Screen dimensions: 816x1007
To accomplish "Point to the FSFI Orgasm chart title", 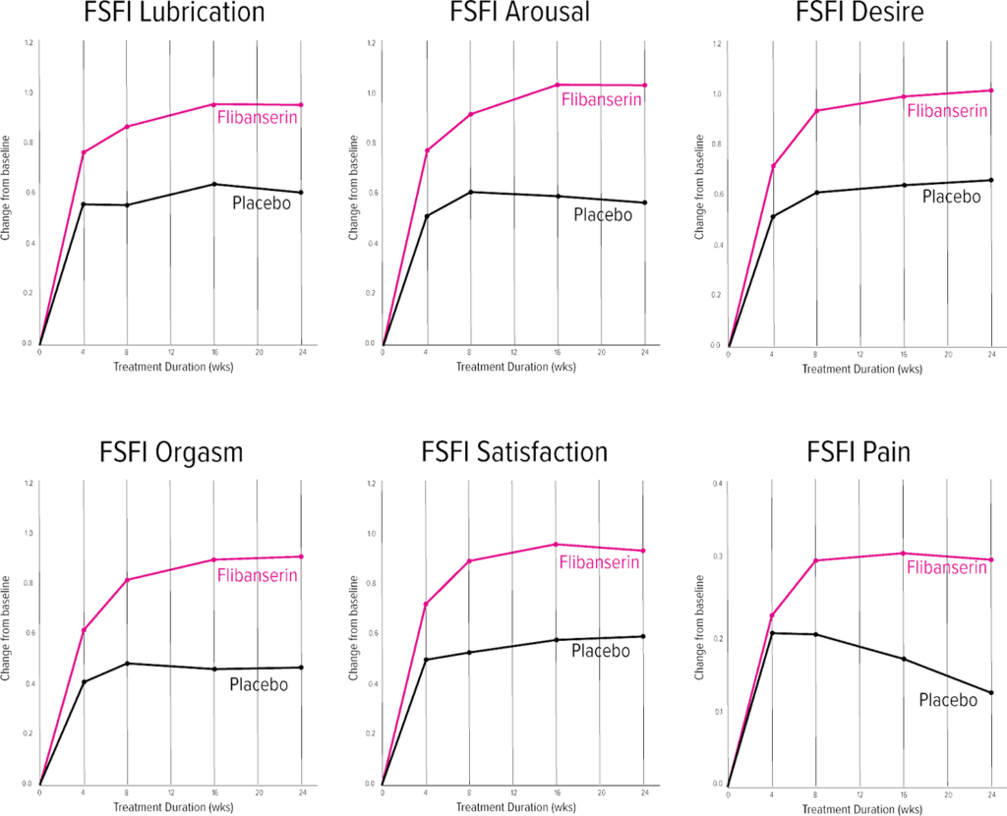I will pos(170,454).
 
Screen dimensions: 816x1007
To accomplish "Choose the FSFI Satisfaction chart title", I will pos(513,454).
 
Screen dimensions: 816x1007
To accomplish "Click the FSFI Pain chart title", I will pos(857,454).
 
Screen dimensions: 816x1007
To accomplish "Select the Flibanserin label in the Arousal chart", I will pos(602,99).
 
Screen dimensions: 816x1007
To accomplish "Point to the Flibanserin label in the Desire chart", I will pos(947,111).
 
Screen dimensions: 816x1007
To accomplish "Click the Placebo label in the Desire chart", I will pos(951,197).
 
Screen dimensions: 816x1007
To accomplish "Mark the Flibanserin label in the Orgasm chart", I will pos(257,575).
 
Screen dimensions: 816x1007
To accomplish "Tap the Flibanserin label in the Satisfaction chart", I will pos(599,563).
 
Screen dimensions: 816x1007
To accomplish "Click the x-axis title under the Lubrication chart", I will pos(171,366).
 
